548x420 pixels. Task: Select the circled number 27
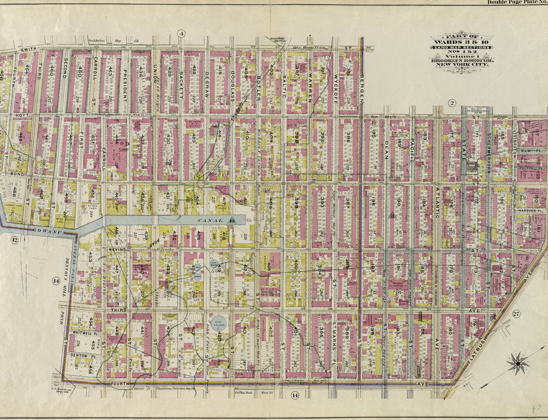point(516,314)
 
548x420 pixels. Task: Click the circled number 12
point(16,240)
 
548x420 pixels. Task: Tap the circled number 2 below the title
point(451,103)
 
